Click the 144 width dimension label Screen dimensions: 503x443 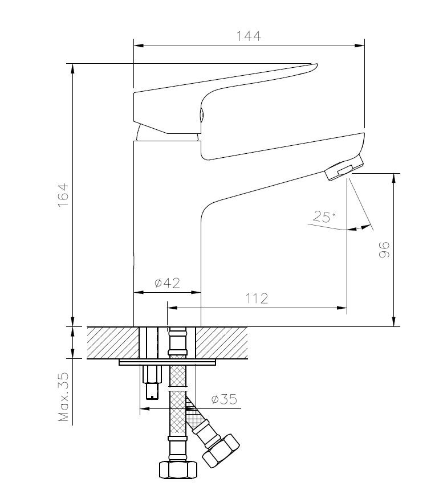point(249,35)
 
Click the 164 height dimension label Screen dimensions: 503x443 point(63,195)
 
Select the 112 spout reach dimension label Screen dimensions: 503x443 point(257,298)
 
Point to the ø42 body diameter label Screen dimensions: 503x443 point(167,283)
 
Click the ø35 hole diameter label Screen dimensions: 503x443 point(223,399)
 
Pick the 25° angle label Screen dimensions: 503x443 point(323,217)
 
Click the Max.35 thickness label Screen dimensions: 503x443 point(63,397)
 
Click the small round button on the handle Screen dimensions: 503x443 point(201,115)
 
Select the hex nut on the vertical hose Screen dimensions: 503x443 point(177,469)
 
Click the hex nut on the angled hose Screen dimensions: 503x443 point(221,449)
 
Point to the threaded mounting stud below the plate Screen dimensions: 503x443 point(152,382)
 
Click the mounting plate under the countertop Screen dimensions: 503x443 point(168,362)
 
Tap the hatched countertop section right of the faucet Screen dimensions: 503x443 point(223,342)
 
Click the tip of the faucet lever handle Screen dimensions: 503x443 point(313,66)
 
